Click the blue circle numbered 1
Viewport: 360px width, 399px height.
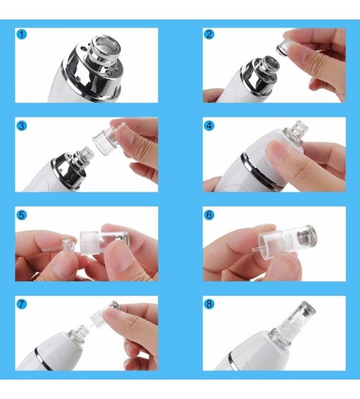[22, 35]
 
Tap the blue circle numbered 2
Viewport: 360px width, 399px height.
[209, 34]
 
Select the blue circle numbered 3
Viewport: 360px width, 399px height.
[22, 125]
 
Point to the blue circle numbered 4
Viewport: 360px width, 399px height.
[209, 125]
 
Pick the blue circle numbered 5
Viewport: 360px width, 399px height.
[22, 215]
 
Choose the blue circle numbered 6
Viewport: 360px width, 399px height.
[209, 215]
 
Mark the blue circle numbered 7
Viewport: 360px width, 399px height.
[22, 304]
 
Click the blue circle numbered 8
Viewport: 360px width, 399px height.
[209, 304]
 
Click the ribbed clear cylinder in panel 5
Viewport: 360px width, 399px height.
[92, 242]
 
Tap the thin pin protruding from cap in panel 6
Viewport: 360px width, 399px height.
[256, 250]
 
